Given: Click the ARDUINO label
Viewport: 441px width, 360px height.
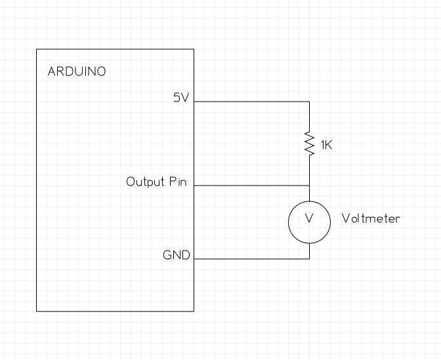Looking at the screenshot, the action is point(77,71).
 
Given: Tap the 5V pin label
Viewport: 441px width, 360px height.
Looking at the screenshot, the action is point(181,98).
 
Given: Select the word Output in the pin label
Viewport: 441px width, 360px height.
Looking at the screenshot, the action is point(145,182).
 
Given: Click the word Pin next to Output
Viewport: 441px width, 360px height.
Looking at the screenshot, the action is point(178,182).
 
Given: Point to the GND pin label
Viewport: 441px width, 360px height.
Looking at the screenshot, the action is point(177,255).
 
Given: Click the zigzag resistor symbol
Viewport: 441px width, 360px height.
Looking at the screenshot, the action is point(309,143).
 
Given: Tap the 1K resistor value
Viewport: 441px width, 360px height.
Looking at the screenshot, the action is point(327,145).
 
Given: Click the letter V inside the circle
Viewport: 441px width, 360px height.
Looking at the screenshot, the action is point(309,218).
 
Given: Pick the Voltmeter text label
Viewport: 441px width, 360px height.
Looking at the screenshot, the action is point(371,218).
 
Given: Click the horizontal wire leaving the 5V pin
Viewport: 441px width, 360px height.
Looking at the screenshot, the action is point(252,102).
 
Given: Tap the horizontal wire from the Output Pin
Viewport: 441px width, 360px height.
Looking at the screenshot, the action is point(252,186).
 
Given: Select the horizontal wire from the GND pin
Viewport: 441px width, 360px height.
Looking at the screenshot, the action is point(252,258).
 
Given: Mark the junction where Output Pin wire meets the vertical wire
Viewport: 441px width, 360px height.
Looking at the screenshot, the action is point(309,186).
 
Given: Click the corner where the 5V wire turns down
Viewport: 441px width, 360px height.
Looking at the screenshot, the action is point(309,102).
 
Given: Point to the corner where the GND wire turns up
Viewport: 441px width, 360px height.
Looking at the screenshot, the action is point(309,258).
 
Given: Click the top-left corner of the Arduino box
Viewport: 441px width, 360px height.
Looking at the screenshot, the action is point(37,49).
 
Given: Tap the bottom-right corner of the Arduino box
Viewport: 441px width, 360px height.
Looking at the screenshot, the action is point(194,311).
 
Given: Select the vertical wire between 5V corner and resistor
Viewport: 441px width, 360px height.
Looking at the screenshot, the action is point(309,116).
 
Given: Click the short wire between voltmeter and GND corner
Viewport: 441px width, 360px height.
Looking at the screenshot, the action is point(309,251).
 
